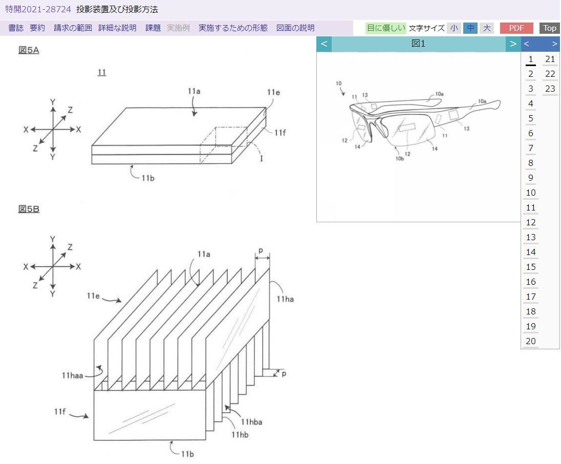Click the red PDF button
(516, 28)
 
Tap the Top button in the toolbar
(550, 28)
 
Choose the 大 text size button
(487, 28)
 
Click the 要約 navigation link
(37, 28)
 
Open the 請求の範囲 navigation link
(73, 28)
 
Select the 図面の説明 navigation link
(295, 28)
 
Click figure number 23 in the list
(550, 89)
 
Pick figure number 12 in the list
(530, 222)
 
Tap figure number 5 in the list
(530, 118)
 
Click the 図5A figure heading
(29, 50)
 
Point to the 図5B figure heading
(29, 209)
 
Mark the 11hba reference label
(251, 423)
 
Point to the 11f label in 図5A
(279, 133)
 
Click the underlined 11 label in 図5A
(101, 72)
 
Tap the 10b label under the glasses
(400, 158)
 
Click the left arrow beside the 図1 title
(324, 44)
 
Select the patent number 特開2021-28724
(38, 9)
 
